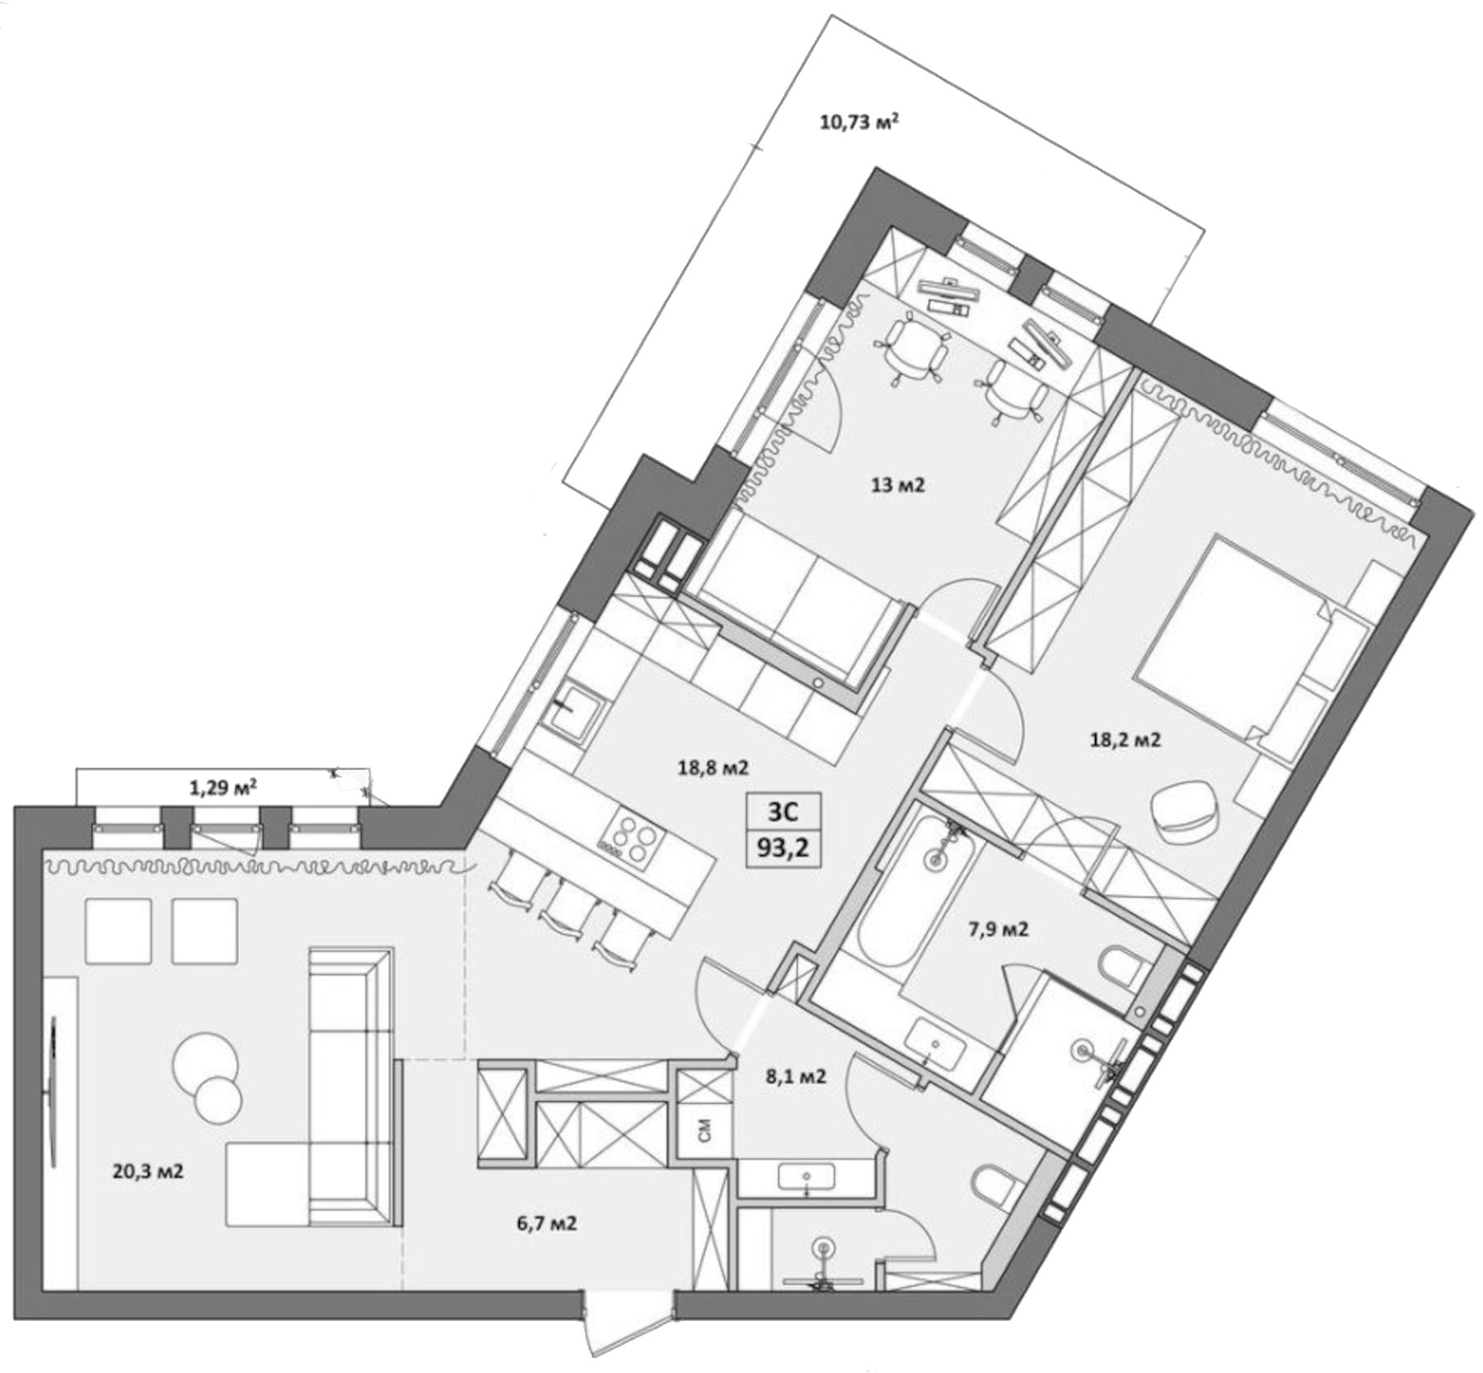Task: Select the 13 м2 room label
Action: [x=898, y=486]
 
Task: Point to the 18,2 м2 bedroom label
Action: [x=1125, y=740]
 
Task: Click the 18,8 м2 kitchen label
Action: [x=713, y=768]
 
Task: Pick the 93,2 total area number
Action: [x=784, y=848]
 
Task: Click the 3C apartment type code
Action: [x=784, y=812]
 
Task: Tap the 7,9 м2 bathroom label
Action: [x=998, y=930]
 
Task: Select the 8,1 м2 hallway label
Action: [x=795, y=1076]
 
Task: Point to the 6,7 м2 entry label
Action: [x=547, y=1224]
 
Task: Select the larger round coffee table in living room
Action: [x=205, y=1060]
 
